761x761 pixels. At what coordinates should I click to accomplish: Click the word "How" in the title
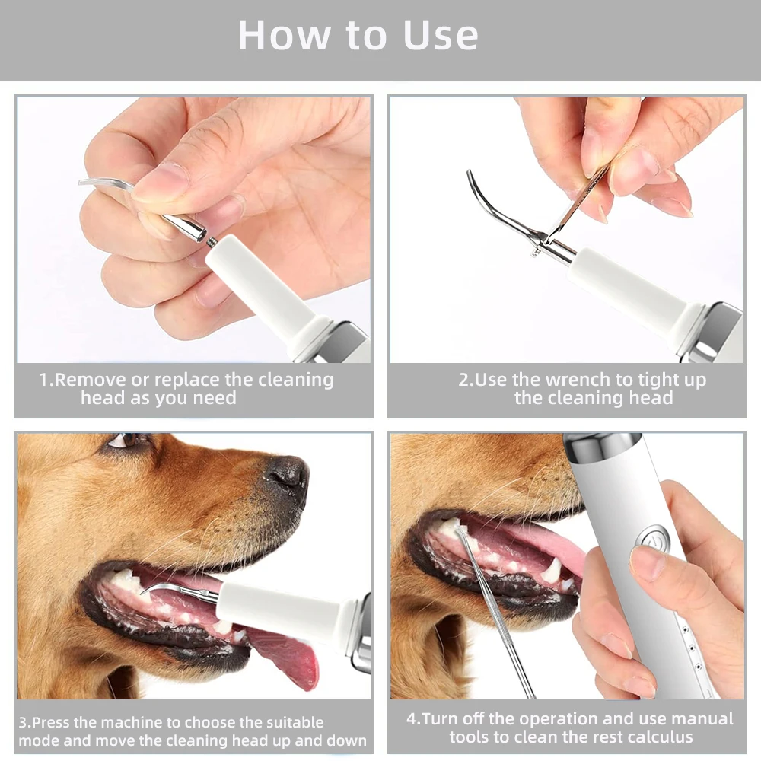coord(285,35)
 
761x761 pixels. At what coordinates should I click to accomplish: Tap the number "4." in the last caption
coord(414,719)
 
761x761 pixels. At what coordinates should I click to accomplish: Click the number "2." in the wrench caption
coord(466,380)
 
